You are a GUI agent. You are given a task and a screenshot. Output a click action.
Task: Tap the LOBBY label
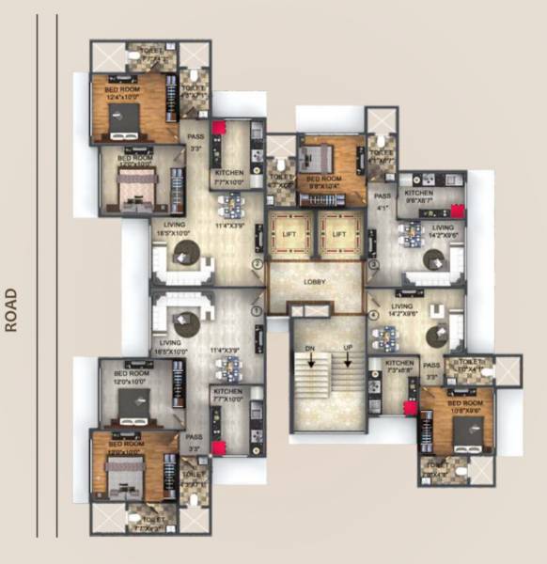314,281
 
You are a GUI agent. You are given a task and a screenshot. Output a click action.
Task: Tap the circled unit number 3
373,265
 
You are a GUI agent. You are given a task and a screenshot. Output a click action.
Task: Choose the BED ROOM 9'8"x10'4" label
324,182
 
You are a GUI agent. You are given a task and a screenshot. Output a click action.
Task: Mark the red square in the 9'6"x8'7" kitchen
457,211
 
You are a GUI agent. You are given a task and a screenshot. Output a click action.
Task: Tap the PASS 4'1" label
383,202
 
